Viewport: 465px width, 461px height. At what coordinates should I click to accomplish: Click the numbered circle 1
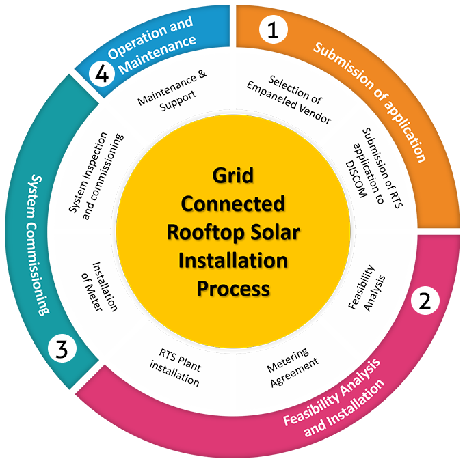[274, 29]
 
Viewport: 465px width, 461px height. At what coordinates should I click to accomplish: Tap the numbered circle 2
[425, 301]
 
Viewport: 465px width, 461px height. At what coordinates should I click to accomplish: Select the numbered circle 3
[62, 350]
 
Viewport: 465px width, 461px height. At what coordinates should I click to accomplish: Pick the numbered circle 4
[103, 74]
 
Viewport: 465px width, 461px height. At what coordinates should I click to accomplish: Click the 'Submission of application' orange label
[369, 102]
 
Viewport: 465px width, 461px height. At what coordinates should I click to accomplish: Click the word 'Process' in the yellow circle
[233, 289]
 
